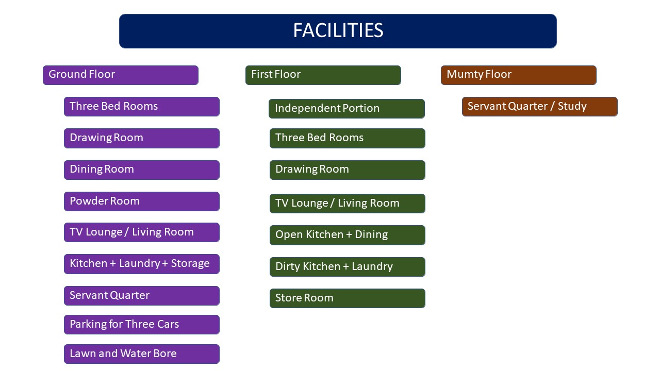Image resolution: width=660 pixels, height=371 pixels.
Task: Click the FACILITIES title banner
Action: tap(338, 31)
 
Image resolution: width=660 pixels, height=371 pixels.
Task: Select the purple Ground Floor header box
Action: tap(121, 75)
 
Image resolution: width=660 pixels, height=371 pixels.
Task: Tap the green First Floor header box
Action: tap(323, 75)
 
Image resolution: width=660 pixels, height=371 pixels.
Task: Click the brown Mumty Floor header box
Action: tap(519, 75)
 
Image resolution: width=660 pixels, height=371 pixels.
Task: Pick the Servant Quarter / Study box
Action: tap(539, 107)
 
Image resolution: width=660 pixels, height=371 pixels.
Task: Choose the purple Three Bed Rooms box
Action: tap(142, 107)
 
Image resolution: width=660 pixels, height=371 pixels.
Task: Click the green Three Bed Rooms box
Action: tap(348, 138)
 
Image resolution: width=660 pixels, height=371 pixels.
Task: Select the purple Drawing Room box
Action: tap(142, 138)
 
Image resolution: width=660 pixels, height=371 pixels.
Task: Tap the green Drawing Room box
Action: tap(348, 170)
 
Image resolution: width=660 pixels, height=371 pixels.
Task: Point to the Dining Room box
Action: tap(142, 170)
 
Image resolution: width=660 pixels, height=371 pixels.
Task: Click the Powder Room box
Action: tap(142, 201)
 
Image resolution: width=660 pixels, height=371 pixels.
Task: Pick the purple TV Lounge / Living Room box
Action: tap(142, 232)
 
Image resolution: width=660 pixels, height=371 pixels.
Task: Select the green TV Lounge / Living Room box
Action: tap(348, 204)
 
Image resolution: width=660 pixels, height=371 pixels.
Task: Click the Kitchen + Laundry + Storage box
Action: tap(142, 264)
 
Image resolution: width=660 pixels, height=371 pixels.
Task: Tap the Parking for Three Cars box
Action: tap(142, 325)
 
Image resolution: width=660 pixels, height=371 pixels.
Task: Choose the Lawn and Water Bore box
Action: tap(142, 354)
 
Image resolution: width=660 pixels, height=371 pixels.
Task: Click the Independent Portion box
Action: tap(346, 109)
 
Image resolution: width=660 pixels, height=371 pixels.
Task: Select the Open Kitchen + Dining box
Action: tap(348, 235)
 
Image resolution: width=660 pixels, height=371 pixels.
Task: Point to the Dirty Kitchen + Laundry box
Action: tap(348, 267)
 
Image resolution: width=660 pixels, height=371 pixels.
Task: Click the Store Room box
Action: tap(348, 298)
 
